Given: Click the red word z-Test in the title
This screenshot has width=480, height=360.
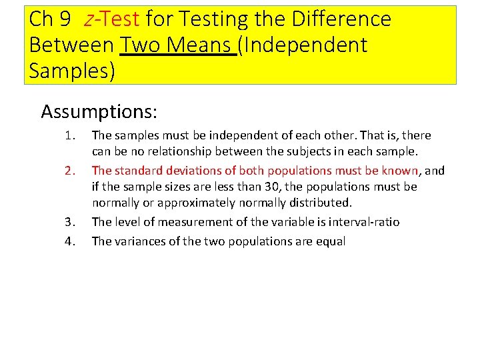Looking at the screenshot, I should click(x=111, y=19).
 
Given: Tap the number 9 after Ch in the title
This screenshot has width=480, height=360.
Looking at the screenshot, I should click(x=65, y=19).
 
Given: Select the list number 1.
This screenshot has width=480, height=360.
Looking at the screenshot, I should click(x=71, y=135).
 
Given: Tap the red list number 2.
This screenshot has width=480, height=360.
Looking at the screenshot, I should click(x=71, y=171).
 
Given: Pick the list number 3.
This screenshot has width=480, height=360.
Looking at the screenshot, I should click(x=71, y=222).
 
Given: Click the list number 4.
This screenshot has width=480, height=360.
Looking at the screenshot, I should click(x=71, y=241).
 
